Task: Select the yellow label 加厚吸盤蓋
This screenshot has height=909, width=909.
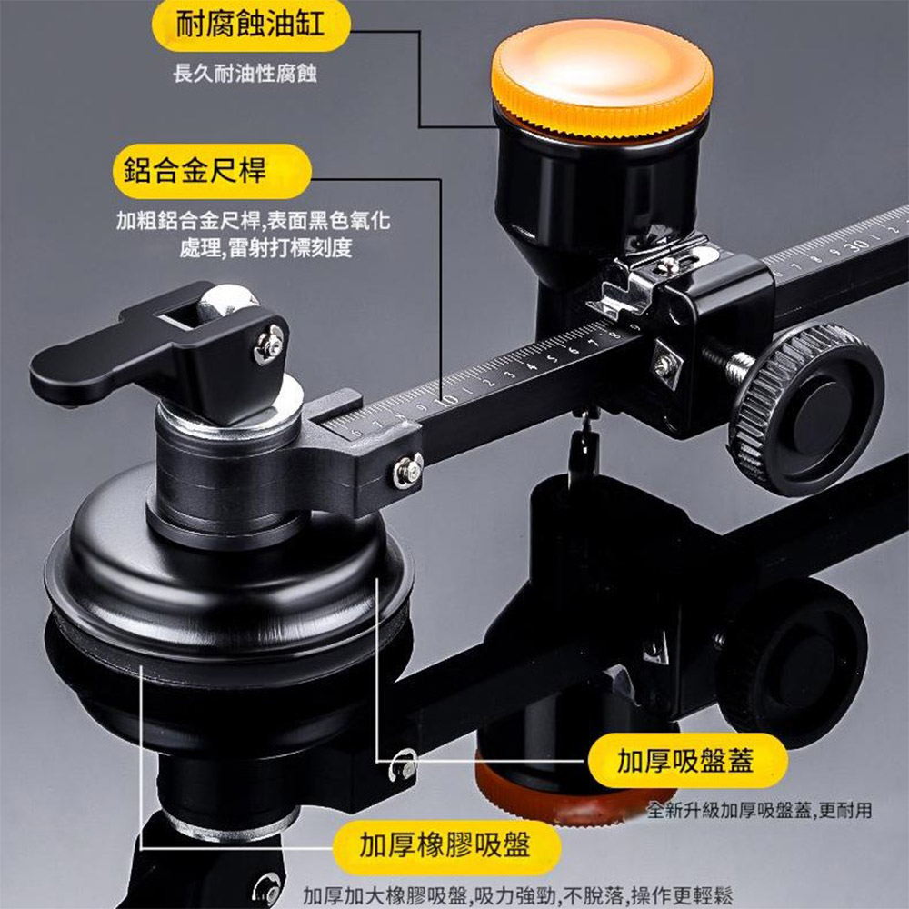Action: [x=686, y=761]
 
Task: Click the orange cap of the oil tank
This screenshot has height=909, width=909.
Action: [x=602, y=76]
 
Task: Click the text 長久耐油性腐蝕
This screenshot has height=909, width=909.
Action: [x=245, y=74]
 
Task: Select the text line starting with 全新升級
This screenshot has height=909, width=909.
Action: [x=760, y=810]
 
